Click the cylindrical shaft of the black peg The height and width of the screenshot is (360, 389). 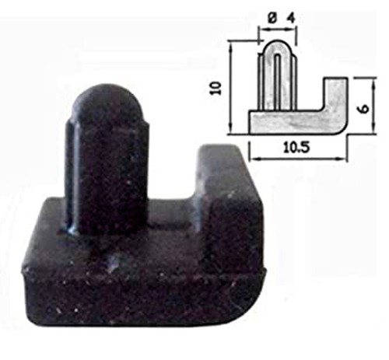click(97, 171)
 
